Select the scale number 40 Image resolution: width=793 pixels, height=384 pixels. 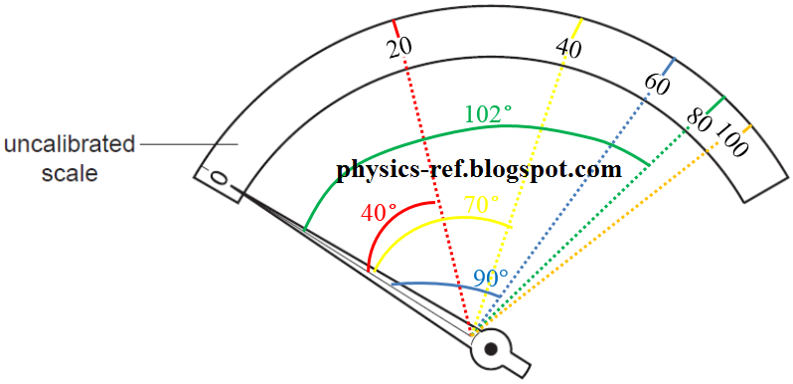click(569, 48)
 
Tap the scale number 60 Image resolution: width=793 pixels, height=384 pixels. click(656, 85)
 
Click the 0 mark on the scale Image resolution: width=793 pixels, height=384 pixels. click(219, 180)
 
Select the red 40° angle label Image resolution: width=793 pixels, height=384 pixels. click(379, 212)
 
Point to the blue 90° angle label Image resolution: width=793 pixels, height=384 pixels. click(490, 278)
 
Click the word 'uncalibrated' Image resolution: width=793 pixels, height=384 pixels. click(70, 145)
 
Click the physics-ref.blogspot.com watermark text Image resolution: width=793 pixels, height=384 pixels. click(480, 169)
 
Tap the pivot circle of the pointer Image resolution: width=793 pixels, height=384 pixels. click(490, 349)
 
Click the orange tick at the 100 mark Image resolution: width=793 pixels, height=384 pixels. click(747, 127)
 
